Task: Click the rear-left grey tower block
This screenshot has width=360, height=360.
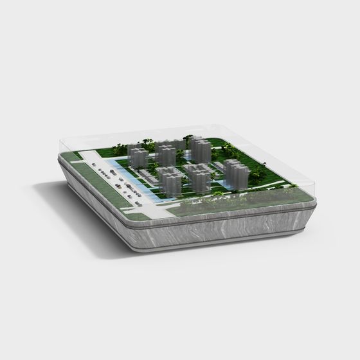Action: tap(138, 155)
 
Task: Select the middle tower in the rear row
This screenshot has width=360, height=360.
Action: tap(167, 153)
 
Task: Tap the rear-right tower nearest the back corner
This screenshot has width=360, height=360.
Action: tap(200, 149)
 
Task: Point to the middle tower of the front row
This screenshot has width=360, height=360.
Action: tap(199, 177)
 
